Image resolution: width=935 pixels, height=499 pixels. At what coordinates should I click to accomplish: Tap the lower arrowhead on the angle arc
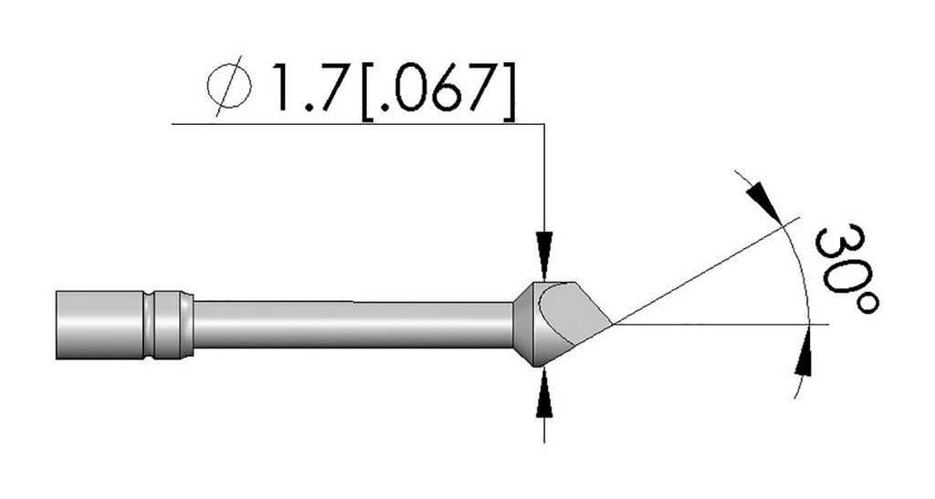point(803,358)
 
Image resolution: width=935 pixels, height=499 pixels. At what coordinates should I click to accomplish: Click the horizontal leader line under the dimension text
point(356,122)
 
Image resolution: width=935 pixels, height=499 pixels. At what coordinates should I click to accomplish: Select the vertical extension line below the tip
point(544,424)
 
